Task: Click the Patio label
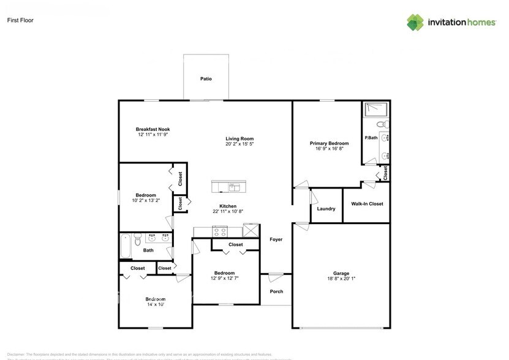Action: click(206, 79)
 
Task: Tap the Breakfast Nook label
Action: click(153, 129)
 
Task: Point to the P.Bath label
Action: click(371, 138)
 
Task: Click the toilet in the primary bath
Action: click(382, 125)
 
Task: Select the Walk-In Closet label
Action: click(367, 204)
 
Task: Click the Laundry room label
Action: click(326, 209)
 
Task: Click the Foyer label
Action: click(276, 239)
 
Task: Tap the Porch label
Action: click(276, 291)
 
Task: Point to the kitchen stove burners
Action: click(219, 231)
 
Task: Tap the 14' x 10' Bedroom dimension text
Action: click(156, 304)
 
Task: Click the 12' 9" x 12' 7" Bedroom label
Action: click(224, 273)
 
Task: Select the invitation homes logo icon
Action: click(415, 22)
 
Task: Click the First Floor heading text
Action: click(20, 20)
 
